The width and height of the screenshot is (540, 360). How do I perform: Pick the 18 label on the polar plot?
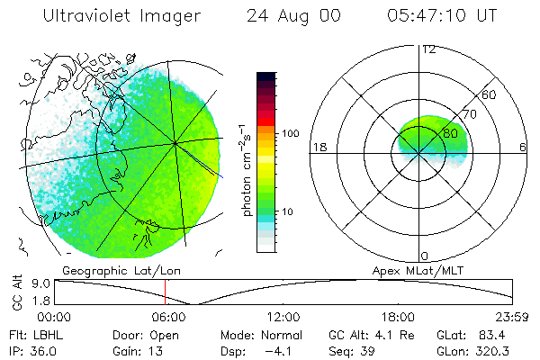318,147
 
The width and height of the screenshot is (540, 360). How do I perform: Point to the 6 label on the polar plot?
523,147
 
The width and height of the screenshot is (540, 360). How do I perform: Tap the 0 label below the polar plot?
425,256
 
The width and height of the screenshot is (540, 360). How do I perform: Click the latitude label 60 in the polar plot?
490,94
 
